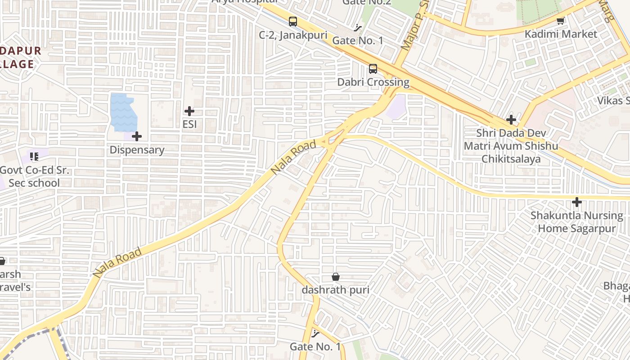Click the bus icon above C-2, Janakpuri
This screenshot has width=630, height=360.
tap(293, 21)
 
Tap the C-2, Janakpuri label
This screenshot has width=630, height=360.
tap(293, 35)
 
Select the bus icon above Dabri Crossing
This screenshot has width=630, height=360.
tap(373, 69)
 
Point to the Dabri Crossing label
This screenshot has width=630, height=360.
tap(373, 82)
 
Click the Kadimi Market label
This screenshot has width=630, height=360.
tap(561, 34)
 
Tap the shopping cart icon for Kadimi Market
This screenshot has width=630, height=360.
tap(561, 21)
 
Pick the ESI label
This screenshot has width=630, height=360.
tap(189, 124)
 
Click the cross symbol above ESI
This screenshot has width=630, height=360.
tap(189, 111)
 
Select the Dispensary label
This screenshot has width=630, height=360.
tap(137, 150)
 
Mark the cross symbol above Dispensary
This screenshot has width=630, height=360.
tap(137, 136)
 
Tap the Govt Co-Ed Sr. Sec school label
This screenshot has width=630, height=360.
tap(30, 176)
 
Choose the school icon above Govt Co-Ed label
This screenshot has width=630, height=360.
tap(34, 157)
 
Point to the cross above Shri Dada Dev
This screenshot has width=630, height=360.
tap(511, 120)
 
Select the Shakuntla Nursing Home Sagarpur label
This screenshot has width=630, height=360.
tap(576, 222)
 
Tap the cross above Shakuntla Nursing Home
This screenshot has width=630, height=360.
tap(576, 202)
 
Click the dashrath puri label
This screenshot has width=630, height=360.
tap(335, 290)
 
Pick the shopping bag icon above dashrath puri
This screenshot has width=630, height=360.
tap(335, 276)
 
